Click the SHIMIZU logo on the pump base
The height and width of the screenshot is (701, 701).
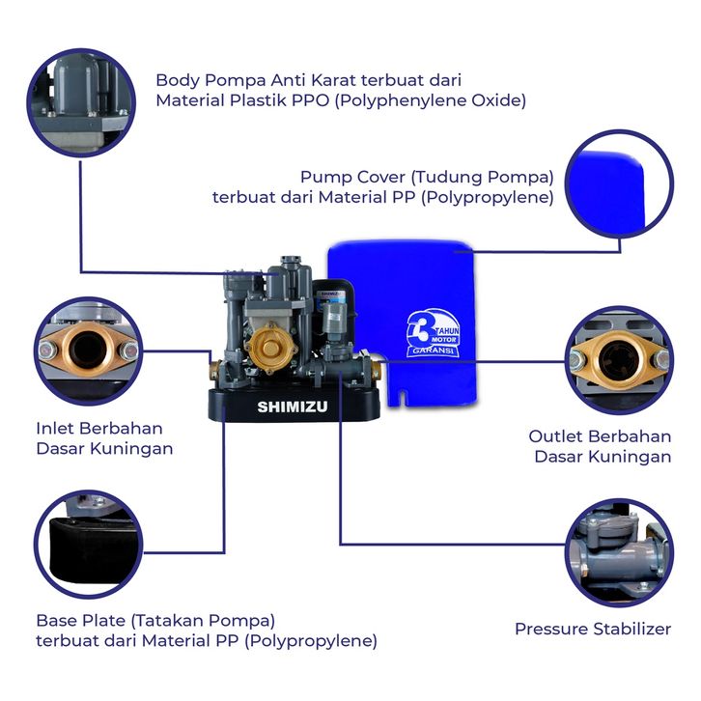coord(292,407)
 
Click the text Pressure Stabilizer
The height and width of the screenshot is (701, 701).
coord(593,629)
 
